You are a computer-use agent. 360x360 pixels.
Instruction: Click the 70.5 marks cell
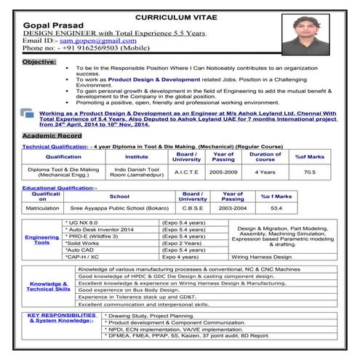point(310,172)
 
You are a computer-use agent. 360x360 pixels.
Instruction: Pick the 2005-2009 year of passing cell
point(223,172)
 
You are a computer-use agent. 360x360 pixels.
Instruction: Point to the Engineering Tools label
point(42,240)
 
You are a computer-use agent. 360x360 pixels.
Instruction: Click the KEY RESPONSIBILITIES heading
point(61,318)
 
